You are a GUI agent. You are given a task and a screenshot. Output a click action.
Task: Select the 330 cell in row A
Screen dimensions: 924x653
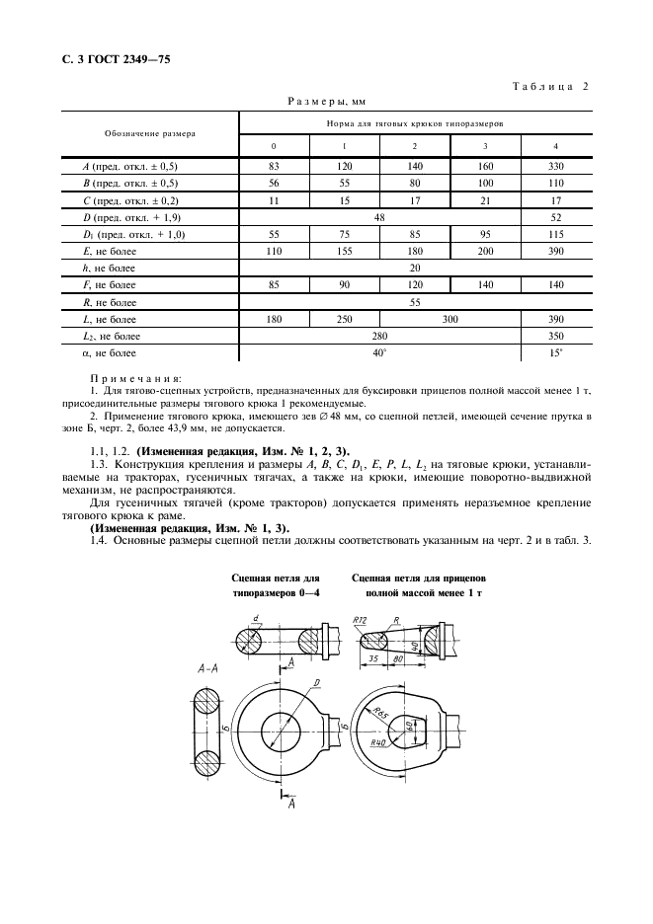click(555, 167)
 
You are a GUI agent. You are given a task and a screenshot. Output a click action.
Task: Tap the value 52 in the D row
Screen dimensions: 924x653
click(555, 216)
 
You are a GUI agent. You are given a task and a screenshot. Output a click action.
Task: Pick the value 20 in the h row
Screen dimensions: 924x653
click(415, 268)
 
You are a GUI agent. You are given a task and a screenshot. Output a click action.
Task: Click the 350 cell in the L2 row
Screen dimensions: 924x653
click(555, 336)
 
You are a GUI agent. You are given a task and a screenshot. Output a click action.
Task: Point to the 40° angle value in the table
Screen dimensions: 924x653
click(380, 352)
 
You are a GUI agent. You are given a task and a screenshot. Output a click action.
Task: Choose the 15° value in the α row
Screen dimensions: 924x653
click(555, 352)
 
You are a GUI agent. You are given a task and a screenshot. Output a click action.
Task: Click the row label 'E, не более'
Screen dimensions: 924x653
click(111, 251)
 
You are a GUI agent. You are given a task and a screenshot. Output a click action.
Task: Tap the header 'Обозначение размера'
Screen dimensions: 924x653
click(150, 133)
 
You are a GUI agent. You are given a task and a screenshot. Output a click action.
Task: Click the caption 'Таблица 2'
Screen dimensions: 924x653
click(549, 86)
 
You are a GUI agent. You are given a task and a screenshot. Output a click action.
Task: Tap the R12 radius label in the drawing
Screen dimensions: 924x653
click(359, 619)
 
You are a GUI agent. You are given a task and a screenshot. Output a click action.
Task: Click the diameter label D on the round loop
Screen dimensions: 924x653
click(314, 682)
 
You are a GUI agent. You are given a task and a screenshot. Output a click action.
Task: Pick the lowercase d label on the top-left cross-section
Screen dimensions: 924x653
click(254, 619)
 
